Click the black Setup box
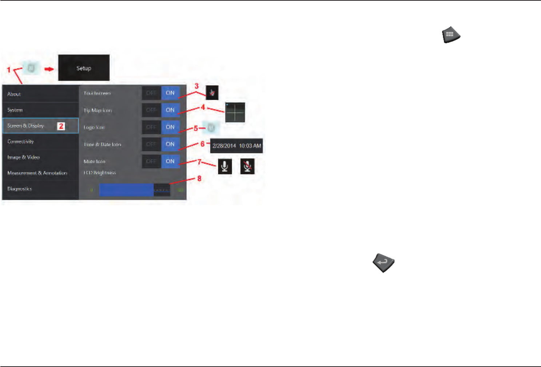click(x=84, y=68)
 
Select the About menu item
click(x=40, y=94)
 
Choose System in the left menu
click(x=40, y=110)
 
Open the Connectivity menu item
click(x=40, y=142)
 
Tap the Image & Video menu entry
click(x=40, y=157)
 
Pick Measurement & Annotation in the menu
click(x=40, y=173)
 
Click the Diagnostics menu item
click(x=40, y=189)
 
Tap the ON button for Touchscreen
click(x=170, y=93)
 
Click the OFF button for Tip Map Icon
click(x=151, y=110)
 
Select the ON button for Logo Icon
click(x=170, y=127)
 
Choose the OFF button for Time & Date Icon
click(x=151, y=144)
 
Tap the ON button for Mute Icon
click(x=170, y=161)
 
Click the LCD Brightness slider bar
click(x=134, y=190)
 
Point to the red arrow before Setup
click(x=49, y=68)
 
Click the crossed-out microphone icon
click(x=247, y=166)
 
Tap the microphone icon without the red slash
click(x=225, y=166)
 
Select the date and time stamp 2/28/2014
click(x=236, y=146)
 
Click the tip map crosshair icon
click(x=235, y=112)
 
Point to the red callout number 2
click(x=61, y=126)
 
